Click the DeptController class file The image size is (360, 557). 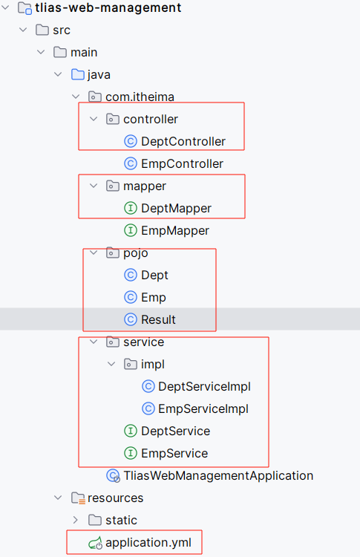pyautogui.click(x=183, y=141)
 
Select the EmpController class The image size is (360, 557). pyautogui.click(x=182, y=164)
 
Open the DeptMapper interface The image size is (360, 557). pyautogui.click(x=176, y=208)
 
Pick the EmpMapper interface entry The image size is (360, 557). pyautogui.click(x=175, y=230)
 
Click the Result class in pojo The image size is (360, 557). pyautogui.click(x=158, y=319)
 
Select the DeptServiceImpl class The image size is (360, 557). pyautogui.click(x=205, y=386)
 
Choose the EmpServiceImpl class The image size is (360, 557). pyautogui.click(x=203, y=409)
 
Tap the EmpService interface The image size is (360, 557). pyautogui.click(x=174, y=453)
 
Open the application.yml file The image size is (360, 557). pyautogui.click(x=148, y=542)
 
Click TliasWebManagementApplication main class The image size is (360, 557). pyautogui.click(x=218, y=475)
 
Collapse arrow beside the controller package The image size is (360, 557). pyautogui.click(x=94, y=119)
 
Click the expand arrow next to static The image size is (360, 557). pyautogui.click(x=76, y=520)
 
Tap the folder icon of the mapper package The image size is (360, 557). pyautogui.click(x=113, y=186)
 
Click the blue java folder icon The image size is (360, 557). pyautogui.click(x=78, y=74)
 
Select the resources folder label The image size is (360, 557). pyautogui.click(x=115, y=498)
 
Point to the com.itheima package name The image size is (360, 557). pyautogui.click(x=140, y=97)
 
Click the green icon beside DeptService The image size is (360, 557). pyautogui.click(x=131, y=431)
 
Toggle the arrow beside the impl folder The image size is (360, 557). pyautogui.click(x=111, y=364)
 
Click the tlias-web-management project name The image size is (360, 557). pyautogui.click(x=108, y=7)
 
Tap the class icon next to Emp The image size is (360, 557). pyautogui.click(x=131, y=297)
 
